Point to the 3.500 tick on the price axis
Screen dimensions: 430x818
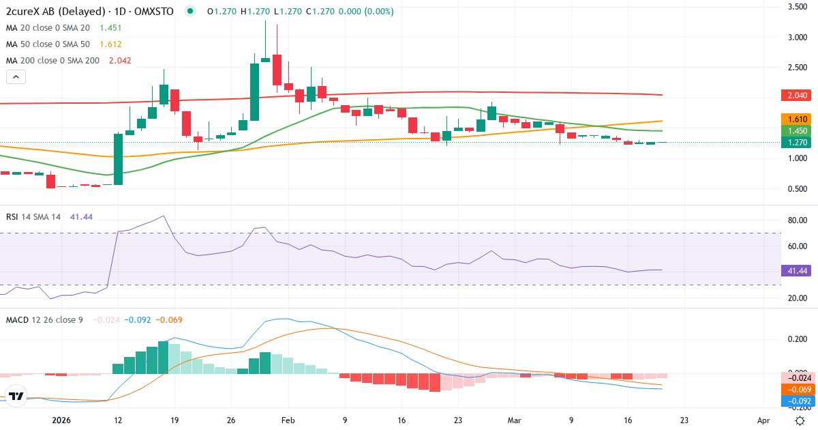pos(798,7)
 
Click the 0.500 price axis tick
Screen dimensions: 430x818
pos(798,189)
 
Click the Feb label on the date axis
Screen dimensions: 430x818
pos(288,420)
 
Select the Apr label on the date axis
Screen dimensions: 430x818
pos(763,420)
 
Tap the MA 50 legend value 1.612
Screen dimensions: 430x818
pos(110,44)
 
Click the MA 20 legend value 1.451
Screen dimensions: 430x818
pos(110,28)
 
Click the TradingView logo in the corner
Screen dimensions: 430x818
pos(16,396)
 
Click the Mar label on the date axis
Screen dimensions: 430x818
pos(515,420)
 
